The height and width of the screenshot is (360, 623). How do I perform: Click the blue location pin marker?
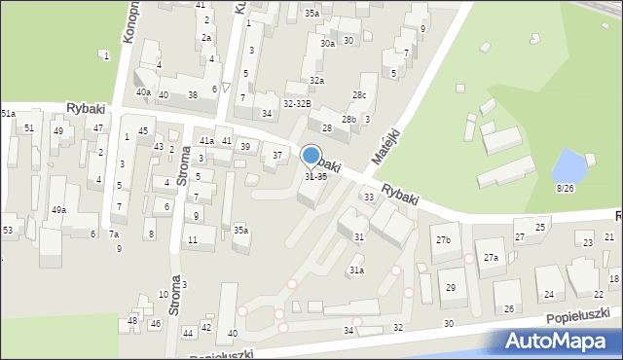click(311, 156)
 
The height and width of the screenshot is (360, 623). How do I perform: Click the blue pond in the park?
click(566, 165)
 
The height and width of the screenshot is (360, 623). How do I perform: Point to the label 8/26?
click(564, 187)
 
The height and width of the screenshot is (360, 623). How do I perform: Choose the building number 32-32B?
click(297, 103)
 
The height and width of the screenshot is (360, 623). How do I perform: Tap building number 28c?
click(359, 94)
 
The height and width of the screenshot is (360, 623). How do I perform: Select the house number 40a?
click(143, 92)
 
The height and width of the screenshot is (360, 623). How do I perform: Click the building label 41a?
click(206, 141)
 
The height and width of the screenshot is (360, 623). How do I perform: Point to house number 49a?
click(59, 209)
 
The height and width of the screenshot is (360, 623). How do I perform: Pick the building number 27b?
click(445, 239)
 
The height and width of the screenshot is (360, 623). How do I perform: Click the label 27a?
click(491, 258)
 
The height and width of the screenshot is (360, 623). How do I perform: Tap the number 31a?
click(357, 270)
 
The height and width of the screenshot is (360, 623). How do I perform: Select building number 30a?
click(328, 43)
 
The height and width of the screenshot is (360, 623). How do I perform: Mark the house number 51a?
click(8, 114)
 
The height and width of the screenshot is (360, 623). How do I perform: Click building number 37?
click(277, 156)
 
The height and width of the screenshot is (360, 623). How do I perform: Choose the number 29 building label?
click(450, 287)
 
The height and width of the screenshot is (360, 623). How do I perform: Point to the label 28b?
click(348, 119)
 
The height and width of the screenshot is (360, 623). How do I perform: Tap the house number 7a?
click(114, 234)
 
